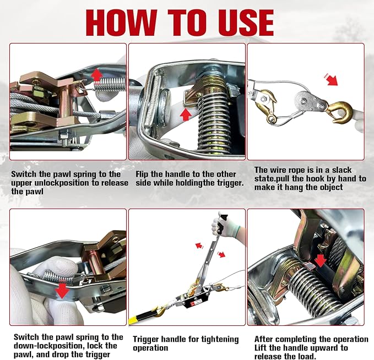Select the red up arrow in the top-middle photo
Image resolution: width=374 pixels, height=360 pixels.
[186, 114]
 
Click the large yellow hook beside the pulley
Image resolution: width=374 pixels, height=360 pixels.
[340, 112]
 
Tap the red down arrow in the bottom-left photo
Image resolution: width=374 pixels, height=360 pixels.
[63, 290]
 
